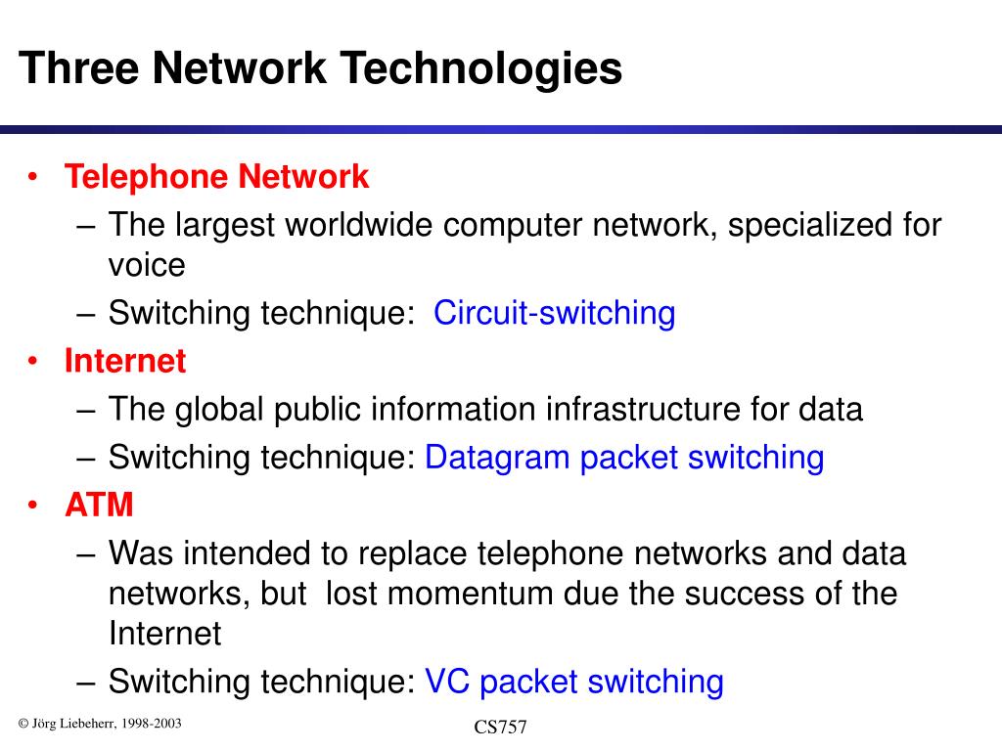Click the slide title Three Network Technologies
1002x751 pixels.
320,69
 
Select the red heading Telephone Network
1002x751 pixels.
217,177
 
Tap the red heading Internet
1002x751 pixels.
125,361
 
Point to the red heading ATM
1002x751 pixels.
99,506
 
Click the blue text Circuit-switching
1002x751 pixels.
554,314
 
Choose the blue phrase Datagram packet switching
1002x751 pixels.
624,457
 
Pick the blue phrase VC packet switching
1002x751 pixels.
574,682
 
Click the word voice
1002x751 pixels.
147,264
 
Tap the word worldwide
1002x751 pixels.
359,225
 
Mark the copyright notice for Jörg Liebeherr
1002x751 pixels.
100,724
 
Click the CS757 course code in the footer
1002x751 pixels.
501,728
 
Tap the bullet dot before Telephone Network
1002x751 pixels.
33,177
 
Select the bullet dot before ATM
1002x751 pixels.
33,506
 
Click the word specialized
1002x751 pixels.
810,225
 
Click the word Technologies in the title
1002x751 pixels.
486,69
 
